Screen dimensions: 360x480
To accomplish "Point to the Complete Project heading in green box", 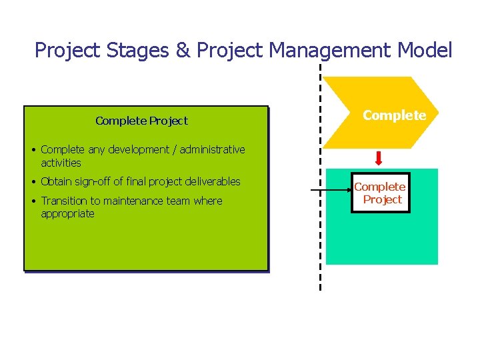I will (x=141, y=121).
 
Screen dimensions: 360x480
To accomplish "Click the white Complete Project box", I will (x=380, y=193).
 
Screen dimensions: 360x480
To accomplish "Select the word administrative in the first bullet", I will (x=212, y=150).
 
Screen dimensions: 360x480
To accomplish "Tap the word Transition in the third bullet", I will (x=64, y=201).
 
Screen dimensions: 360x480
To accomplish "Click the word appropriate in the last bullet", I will (x=67, y=214).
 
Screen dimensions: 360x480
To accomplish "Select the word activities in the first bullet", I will (x=61, y=163).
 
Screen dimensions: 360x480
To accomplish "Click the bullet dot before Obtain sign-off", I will (x=33, y=182).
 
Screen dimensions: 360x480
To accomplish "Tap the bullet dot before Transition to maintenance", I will (x=33, y=201).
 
